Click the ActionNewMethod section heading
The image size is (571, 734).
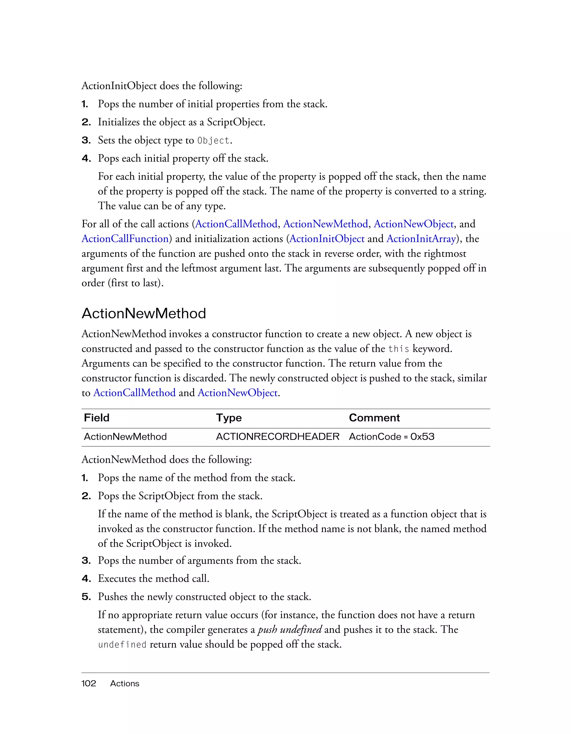[x=144, y=314]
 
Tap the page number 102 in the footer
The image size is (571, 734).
[x=89, y=683]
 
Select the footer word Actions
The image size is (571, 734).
[x=124, y=683]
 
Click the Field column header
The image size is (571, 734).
[x=97, y=418]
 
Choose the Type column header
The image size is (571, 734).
[x=229, y=418]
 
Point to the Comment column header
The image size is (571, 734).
[x=374, y=418]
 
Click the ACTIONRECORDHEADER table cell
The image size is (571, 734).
[x=278, y=437]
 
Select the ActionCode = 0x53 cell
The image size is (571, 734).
[x=391, y=437]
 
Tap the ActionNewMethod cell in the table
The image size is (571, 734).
[x=125, y=437]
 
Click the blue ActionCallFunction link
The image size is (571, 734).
[x=125, y=239]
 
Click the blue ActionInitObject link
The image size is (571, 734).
[x=327, y=239]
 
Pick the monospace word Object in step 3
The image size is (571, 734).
[x=213, y=140]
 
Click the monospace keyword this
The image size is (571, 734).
[x=399, y=349]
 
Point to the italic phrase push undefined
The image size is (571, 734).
[x=290, y=629]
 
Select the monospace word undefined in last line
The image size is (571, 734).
[x=122, y=645]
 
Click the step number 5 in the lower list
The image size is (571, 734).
[x=86, y=597]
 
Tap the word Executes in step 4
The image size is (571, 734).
[x=117, y=578]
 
